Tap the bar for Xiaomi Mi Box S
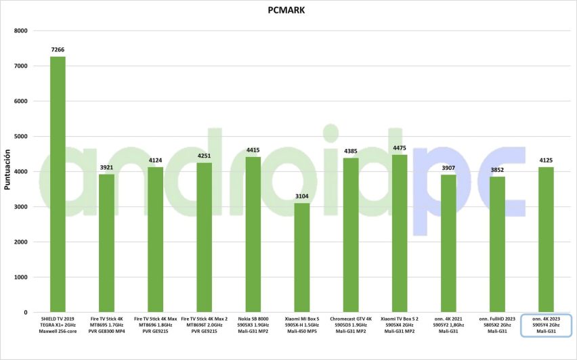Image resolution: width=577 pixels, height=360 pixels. [302, 257]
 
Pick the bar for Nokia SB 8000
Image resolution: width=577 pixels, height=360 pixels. [253, 234]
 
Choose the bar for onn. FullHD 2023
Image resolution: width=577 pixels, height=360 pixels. [497, 244]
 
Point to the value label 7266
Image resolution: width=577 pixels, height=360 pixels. [58, 50]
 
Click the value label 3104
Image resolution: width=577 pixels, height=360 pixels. [302, 196]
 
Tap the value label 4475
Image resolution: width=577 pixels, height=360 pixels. [400, 148]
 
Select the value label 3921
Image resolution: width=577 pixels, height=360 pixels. [107, 168]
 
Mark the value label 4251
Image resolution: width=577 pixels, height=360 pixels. [205, 156]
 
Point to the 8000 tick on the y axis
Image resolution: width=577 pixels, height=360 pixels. [20, 30]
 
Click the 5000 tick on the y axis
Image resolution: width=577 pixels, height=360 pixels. [20, 136]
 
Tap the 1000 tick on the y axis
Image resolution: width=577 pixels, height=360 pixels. [20, 277]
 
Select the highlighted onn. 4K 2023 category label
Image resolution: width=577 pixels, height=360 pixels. [546, 325]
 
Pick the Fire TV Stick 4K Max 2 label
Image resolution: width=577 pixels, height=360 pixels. [205, 325]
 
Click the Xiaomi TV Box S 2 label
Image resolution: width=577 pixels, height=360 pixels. [400, 325]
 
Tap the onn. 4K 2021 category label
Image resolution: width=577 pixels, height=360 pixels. [448, 325]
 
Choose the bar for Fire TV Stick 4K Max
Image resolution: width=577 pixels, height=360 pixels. [156, 240]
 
